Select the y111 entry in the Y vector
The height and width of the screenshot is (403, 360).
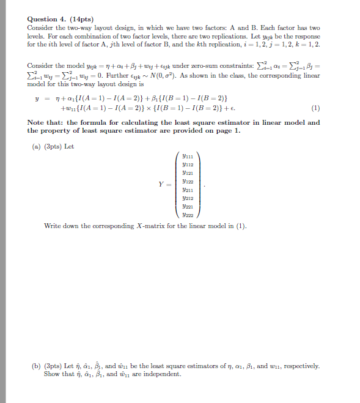tap(188, 157)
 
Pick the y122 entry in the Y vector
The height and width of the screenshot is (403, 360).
tap(188, 182)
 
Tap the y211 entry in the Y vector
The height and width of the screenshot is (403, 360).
tap(188, 191)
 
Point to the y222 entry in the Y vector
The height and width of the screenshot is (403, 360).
tap(188, 215)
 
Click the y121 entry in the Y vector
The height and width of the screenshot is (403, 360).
tap(188, 174)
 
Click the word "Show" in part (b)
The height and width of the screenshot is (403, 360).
tap(51, 374)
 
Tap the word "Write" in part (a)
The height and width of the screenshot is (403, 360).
tap(53, 226)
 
